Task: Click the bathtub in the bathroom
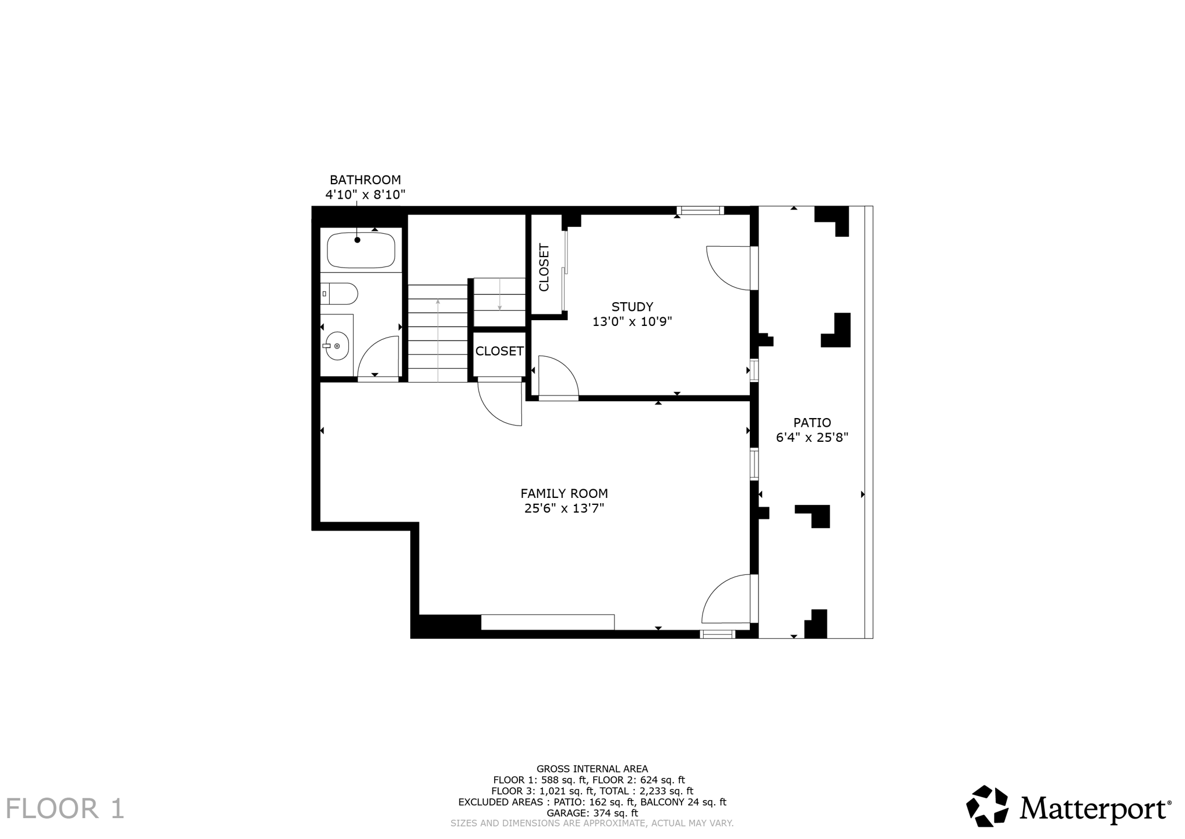(361, 251)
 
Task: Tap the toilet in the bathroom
(341, 294)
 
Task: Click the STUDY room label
(632, 307)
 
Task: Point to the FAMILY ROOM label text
(564, 493)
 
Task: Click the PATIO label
(812, 423)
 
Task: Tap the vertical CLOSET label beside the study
(544, 268)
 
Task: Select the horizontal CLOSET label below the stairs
(499, 351)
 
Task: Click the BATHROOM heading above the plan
(365, 180)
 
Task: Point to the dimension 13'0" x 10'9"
(632, 322)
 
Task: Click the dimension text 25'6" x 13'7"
(564, 508)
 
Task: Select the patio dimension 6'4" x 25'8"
(812, 438)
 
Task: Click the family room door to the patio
(726, 599)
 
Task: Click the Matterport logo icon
(987, 806)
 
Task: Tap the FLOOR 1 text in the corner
(65, 808)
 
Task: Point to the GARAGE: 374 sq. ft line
(592, 813)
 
